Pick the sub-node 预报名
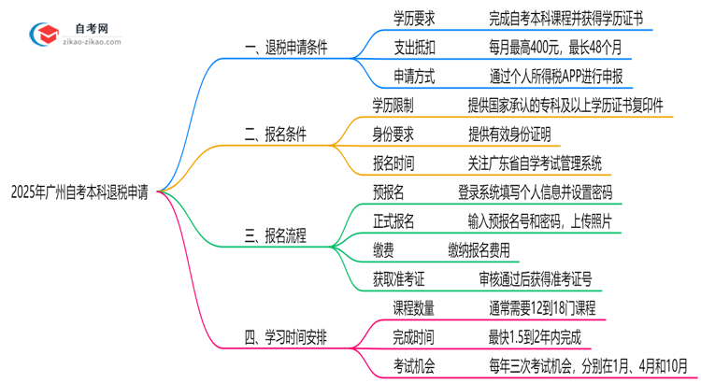pyautogui.click(x=389, y=192)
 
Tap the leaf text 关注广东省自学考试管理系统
pyautogui.click(x=536, y=163)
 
